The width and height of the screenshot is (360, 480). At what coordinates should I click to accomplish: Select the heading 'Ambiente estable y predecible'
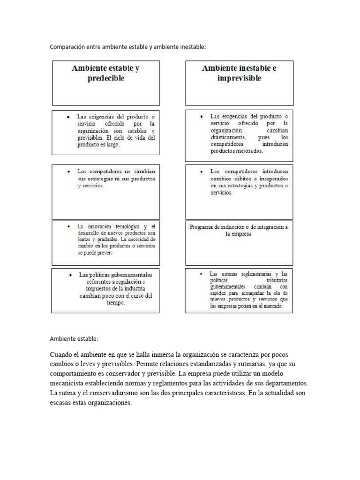click(106, 73)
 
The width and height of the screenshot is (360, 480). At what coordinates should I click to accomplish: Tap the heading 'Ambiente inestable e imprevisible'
click(239, 73)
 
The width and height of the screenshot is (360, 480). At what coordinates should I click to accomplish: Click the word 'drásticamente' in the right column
click(228, 137)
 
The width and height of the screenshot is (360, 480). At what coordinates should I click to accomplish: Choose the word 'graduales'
click(105, 239)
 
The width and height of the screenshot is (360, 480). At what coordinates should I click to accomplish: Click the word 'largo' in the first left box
click(112, 145)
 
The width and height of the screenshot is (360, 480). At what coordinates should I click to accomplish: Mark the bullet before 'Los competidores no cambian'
click(69, 172)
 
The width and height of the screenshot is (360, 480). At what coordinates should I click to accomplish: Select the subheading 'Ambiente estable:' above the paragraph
click(74, 338)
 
